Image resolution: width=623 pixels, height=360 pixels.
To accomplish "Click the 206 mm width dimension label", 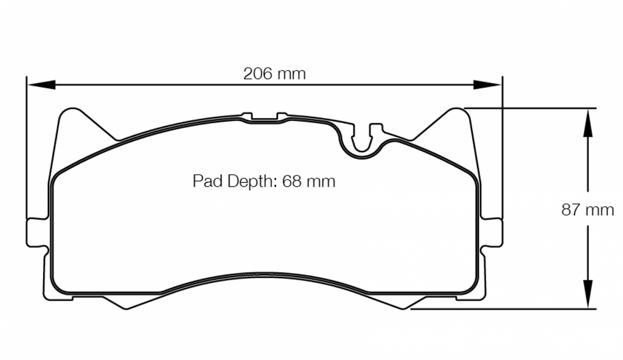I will pyautogui.click(x=274, y=74).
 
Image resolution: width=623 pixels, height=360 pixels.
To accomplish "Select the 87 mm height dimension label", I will pyautogui.click(x=587, y=210).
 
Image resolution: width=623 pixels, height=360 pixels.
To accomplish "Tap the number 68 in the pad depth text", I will pyautogui.click(x=292, y=181).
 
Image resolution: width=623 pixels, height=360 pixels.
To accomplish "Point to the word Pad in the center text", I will pyautogui.click(x=206, y=181).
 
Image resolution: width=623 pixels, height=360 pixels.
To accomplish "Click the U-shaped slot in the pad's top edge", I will pyautogui.click(x=363, y=143).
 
